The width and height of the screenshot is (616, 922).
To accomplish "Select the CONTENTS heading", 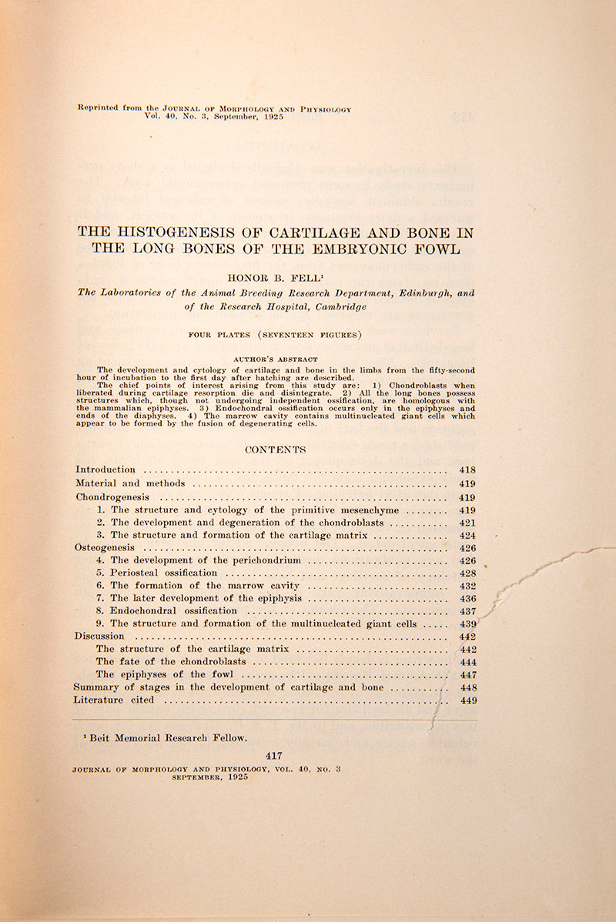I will tap(275, 449).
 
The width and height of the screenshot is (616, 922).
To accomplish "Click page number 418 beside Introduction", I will tap(467, 469).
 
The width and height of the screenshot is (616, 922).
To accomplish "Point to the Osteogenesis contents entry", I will tap(104, 547).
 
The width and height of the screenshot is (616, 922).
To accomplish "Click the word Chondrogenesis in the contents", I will tap(112, 497).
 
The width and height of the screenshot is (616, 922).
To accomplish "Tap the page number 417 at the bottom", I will tap(274, 756).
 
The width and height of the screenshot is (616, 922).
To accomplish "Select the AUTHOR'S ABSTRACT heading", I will tap(275, 359).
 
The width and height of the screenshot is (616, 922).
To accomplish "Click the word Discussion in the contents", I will tap(99, 636).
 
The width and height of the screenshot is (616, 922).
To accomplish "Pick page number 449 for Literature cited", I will tap(467, 700).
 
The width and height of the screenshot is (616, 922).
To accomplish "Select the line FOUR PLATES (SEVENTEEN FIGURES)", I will tap(275, 334).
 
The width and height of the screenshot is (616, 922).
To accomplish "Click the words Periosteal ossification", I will tap(163, 573).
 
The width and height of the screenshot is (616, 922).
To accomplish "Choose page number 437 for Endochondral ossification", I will tap(467, 611).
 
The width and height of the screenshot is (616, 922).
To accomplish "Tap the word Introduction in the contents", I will tap(105, 469).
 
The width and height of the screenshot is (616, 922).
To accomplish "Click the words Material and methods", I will tap(130, 483).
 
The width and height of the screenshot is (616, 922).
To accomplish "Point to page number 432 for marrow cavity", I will tap(467, 586).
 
